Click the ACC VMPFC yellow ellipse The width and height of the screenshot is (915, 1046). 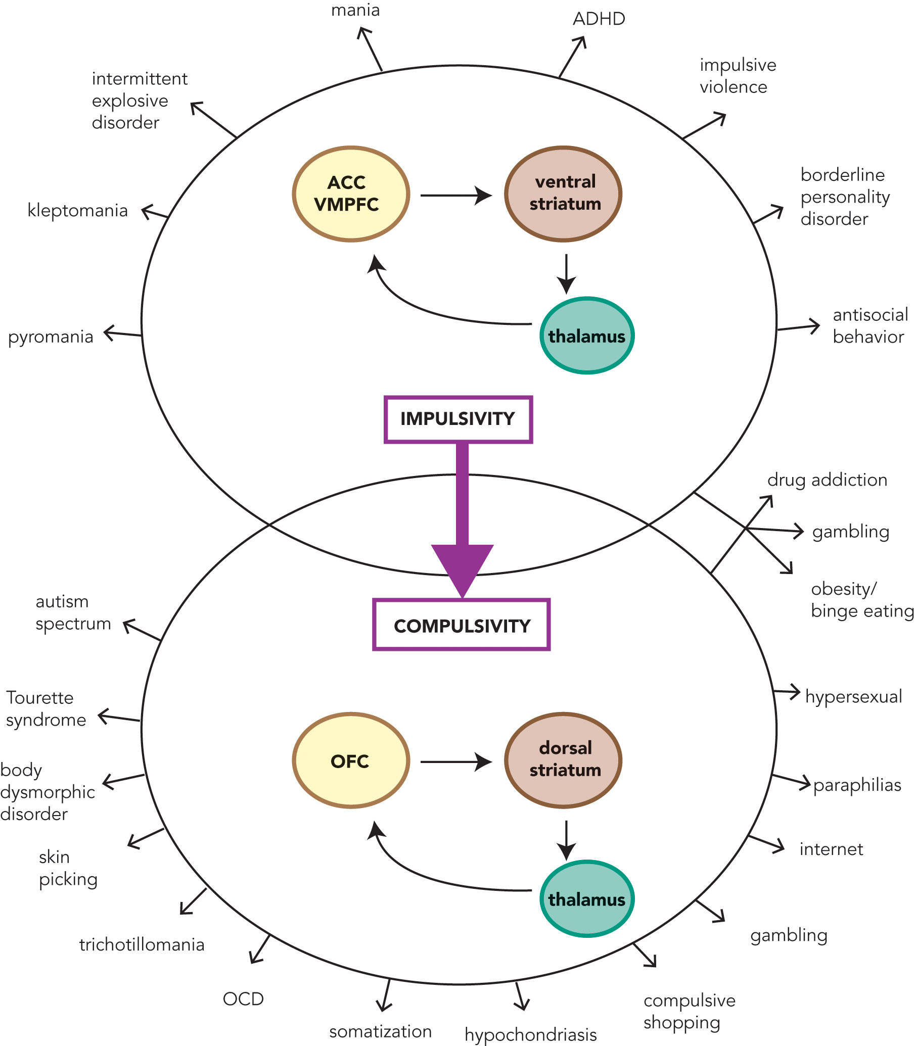351,194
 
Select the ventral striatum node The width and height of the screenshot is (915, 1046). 563,194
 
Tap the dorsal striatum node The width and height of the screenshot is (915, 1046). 563,759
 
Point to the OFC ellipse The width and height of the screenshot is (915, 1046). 351,760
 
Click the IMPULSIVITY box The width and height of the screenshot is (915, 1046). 458,419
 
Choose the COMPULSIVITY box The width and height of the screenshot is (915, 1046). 461,625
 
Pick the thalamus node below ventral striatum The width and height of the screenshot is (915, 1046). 587,336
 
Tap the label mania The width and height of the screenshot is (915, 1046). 355,10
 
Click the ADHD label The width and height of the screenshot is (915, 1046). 599,19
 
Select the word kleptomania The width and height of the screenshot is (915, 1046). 78,210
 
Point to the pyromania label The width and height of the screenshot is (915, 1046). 51,337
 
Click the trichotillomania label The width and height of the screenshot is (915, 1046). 142,944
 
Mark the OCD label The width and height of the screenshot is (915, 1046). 243,999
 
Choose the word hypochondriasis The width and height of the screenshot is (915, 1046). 530,1035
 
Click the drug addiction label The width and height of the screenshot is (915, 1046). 827,480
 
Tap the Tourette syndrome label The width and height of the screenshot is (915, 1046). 45,708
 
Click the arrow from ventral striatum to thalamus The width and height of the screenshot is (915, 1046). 566,274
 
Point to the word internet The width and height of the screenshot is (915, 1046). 831,849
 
